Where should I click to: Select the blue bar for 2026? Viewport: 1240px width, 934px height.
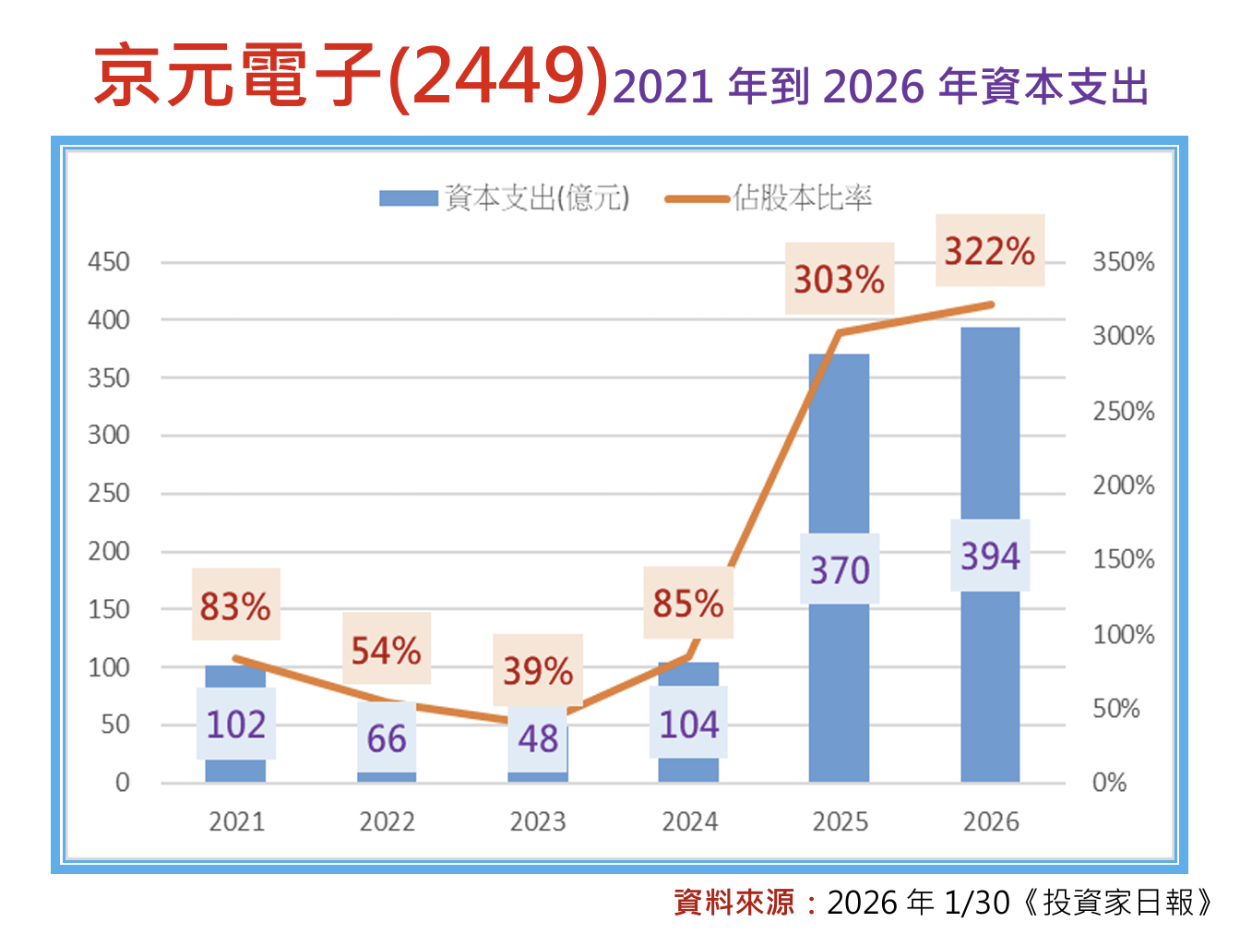pyautogui.click(x=990, y=683)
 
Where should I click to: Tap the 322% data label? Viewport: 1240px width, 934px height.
pyautogui.click(x=990, y=251)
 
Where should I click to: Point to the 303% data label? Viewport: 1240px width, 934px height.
pyautogui.click(x=840, y=279)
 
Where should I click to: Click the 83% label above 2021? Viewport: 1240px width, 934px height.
pyautogui.click(x=235, y=605)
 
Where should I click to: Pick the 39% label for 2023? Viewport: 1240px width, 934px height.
pyautogui.click(x=538, y=670)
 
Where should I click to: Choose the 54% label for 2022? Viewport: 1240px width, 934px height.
pyautogui.click(x=387, y=650)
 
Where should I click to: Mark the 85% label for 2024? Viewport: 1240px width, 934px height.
pyautogui.click(x=688, y=603)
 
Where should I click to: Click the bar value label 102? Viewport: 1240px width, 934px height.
pyautogui.click(x=236, y=724)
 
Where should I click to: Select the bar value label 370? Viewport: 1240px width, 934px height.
pyautogui.click(x=840, y=569)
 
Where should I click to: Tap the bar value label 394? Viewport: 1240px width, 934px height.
pyautogui.click(x=990, y=556)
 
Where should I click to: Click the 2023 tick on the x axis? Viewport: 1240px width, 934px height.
pyautogui.click(x=538, y=821)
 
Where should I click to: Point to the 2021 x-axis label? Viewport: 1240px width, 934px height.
pyautogui.click(x=236, y=821)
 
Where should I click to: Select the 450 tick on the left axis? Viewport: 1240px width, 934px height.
pyautogui.click(x=109, y=262)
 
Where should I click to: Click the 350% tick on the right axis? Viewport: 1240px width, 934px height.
pyautogui.click(x=1123, y=262)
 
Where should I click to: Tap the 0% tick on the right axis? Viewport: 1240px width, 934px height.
pyautogui.click(x=1110, y=783)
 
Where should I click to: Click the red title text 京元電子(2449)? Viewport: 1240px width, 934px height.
pyautogui.click(x=351, y=76)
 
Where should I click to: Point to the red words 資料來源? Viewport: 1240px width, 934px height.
pyautogui.click(x=733, y=902)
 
